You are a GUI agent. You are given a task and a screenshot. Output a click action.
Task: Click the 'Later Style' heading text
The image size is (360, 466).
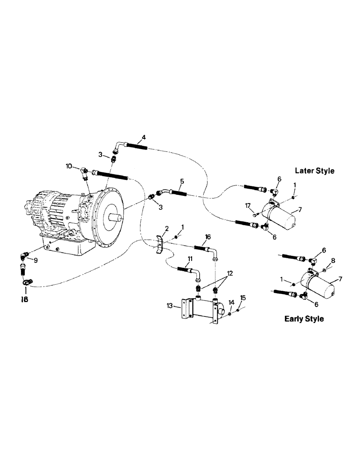point(315,171)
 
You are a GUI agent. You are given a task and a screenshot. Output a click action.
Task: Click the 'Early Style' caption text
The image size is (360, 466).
point(304,319)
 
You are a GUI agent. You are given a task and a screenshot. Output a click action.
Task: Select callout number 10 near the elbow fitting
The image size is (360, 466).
point(69,166)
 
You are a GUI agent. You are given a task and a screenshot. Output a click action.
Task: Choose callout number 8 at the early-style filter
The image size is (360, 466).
point(332,260)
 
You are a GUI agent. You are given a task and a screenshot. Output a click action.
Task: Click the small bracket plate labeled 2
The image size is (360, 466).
point(160,246)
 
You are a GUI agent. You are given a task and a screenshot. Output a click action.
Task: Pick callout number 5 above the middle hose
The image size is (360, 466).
point(182,180)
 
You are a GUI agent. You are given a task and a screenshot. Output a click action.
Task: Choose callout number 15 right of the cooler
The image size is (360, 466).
point(242,298)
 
